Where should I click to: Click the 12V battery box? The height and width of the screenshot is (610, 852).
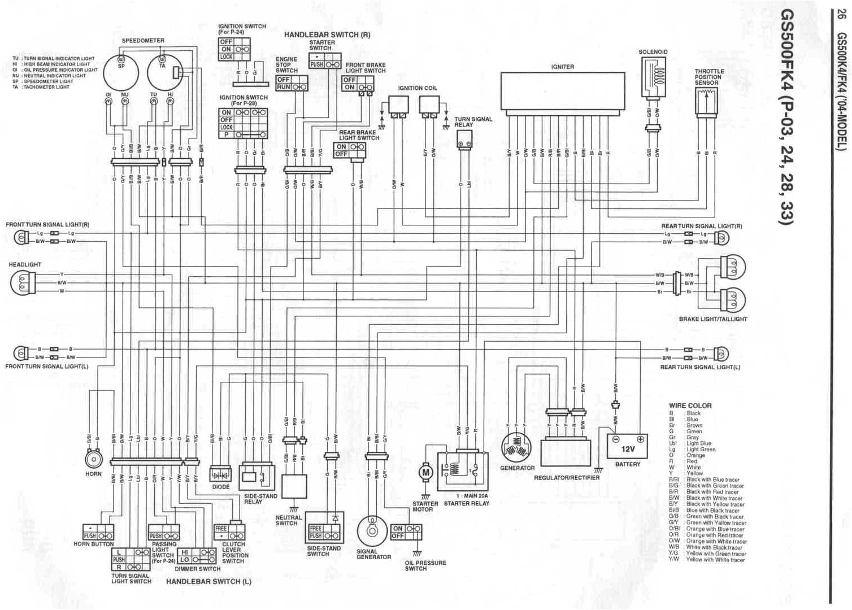pyautogui.click(x=627, y=446)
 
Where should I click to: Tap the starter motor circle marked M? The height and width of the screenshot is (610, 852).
pyautogui.click(x=425, y=472)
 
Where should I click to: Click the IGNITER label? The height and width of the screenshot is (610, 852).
pyautogui.click(x=562, y=67)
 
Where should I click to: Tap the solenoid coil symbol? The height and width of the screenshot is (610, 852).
pyautogui.click(x=653, y=76)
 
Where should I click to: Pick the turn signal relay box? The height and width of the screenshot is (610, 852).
pyautogui.click(x=464, y=138)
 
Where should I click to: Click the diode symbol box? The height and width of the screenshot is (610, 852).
pyautogui.click(x=220, y=474)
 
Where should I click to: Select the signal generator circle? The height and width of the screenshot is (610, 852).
pyautogui.click(x=371, y=531)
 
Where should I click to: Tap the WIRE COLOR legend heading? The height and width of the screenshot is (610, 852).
pyautogui.click(x=690, y=406)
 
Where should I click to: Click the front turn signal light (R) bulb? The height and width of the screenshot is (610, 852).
pyautogui.click(x=21, y=237)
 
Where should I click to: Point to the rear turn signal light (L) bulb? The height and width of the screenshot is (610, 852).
pyautogui.click(x=721, y=354)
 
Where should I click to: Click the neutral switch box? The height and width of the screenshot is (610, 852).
pyautogui.click(x=294, y=486)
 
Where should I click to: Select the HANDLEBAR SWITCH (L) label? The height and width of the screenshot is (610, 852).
pyautogui.click(x=208, y=581)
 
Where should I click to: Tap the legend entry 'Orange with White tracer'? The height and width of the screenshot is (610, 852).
pyautogui.click(x=716, y=542)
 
